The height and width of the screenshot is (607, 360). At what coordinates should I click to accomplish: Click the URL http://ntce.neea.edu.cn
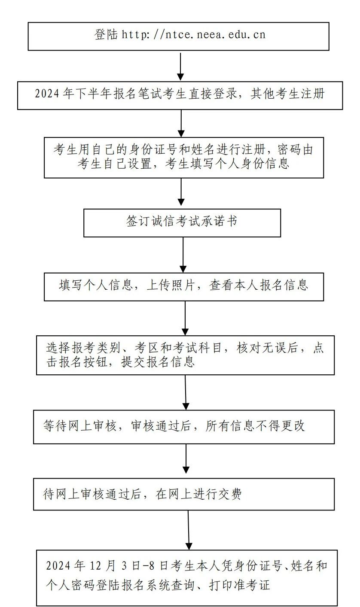coord(194,35)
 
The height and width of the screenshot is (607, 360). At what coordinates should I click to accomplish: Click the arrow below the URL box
coord(181,67)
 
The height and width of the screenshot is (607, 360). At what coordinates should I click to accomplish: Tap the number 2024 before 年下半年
coord(47,94)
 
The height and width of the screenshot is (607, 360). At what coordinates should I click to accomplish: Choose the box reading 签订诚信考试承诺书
coord(182,222)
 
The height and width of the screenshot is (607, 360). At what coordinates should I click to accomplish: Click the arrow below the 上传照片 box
coord(185,318)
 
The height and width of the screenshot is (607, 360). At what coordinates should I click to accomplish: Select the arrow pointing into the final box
coord(188,530)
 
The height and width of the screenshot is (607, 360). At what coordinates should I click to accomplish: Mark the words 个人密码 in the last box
coord(71,585)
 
